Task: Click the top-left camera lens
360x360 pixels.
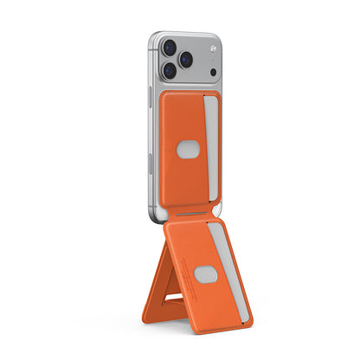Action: click(x=169, y=48)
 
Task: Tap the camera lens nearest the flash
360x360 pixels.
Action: click(x=186, y=59)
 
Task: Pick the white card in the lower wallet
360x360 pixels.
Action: click(x=227, y=260)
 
